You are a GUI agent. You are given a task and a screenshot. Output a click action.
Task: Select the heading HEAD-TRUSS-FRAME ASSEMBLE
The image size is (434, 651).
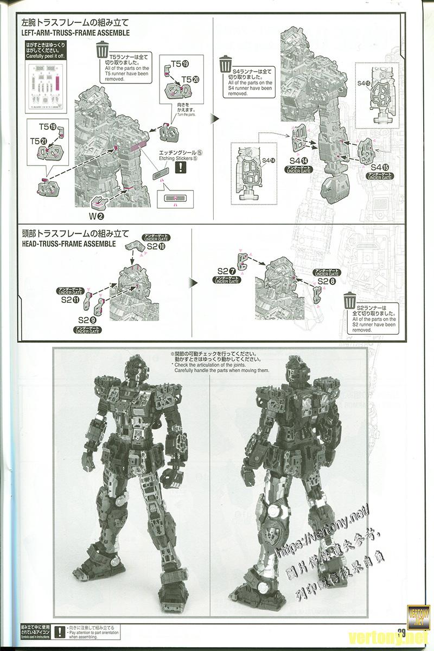(x=68, y=244)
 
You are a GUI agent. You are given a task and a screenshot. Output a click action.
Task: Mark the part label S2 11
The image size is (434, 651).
(x=70, y=299)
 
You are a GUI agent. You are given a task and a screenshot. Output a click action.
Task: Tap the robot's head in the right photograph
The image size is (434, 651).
(x=294, y=367)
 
